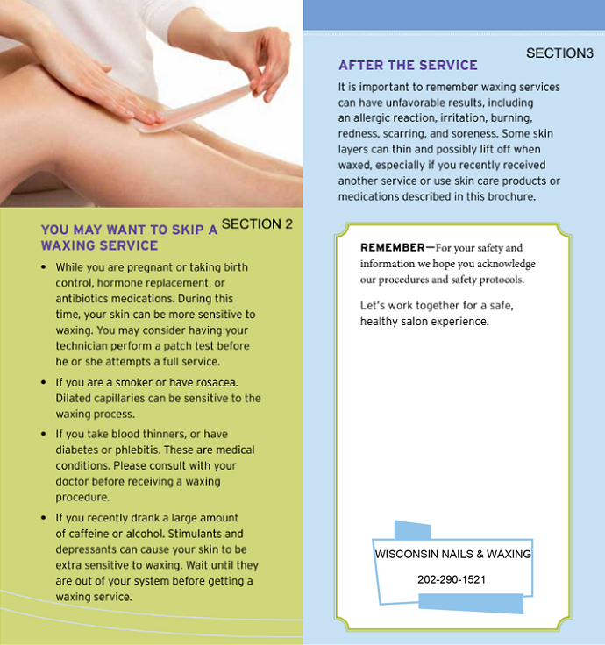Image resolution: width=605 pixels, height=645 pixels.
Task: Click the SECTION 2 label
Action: pyautogui.click(x=257, y=223)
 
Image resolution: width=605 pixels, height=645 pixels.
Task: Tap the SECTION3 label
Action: pyautogui.click(x=559, y=53)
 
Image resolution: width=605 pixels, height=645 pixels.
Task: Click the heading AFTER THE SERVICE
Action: pyautogui.click(x=408, y=65)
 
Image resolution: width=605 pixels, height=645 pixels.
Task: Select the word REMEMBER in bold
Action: pyautogui.click(x=392, y=247)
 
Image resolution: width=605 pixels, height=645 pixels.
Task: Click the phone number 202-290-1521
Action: pyautogui.click(x=452, y=579)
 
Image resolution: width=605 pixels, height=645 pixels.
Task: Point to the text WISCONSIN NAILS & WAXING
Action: pyautogui.click(x=452, y=554)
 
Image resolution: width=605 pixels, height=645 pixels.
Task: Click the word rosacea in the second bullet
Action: pyautogui.click(x=217, y=383)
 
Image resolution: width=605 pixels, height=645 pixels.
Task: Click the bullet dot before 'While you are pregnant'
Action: pyautogui.click(x=44, y=267)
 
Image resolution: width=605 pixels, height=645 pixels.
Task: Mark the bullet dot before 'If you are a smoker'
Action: pyautogui.click(x=44, y=383)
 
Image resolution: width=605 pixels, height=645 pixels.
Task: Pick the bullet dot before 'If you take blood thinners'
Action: pyautogui.click(x=44, y=434)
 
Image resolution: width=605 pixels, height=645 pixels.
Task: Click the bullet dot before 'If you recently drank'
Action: pyautogui.click(x=44, y=517)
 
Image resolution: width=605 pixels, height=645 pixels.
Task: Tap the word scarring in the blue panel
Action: pyautogui.click(x=404, y=134)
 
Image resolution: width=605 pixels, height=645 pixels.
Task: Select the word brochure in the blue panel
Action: pyautogui.click(x=511, y=196)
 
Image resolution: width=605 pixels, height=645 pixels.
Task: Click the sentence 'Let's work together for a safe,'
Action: pyautogui.click(x=437, y=306)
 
